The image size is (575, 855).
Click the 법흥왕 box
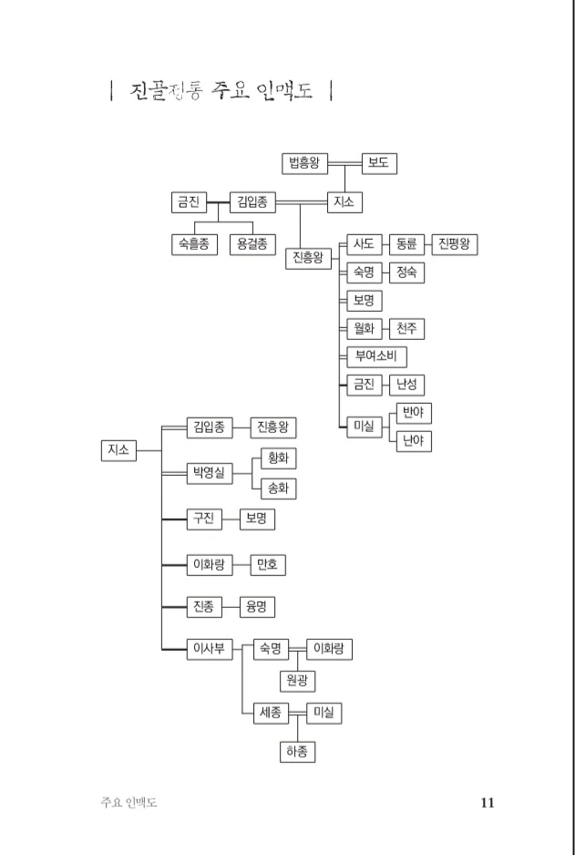coord(303,164)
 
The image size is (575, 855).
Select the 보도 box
coord(378,164)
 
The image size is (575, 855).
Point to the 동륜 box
coord(406,244)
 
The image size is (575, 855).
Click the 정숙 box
coord(406,272)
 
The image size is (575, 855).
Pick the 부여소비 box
coord(375,356)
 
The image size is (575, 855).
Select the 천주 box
coord(406,328)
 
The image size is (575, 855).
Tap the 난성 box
coord(406,385)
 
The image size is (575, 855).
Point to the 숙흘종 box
coord(193,244)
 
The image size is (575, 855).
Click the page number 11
coord(487,803)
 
